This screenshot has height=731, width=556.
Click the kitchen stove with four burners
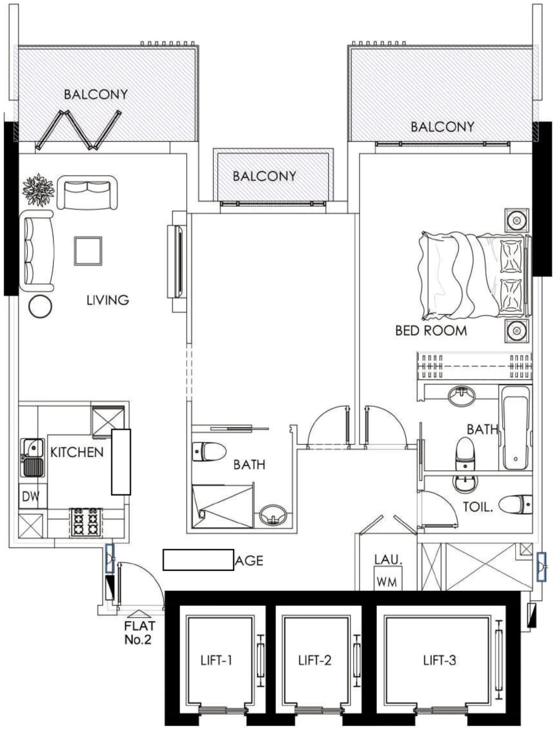click(x=85, y=522)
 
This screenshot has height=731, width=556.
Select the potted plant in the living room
click(x=38, y=190)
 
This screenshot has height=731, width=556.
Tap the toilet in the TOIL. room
click(x=514, y=505)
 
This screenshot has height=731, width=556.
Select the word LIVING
click(x=107, y=301)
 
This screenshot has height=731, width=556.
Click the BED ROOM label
click(x=431, y=331)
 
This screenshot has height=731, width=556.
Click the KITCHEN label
click(x=77, y=452)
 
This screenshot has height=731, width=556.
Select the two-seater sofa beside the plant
click(x=86, y=192)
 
